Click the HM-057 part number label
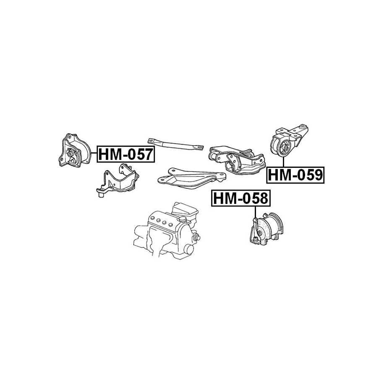(x=126, y=154)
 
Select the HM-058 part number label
(x=240, y=198)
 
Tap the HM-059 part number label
(x=295, y=175)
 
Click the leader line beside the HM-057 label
(x=94, y=153)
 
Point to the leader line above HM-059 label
(x=283, y=162)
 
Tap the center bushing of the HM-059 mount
(x=285, y=148)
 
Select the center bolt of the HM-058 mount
(x=256, y=239)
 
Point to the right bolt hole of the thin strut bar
(x=200, y=147)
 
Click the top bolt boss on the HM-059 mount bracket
(x=303, y=126)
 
